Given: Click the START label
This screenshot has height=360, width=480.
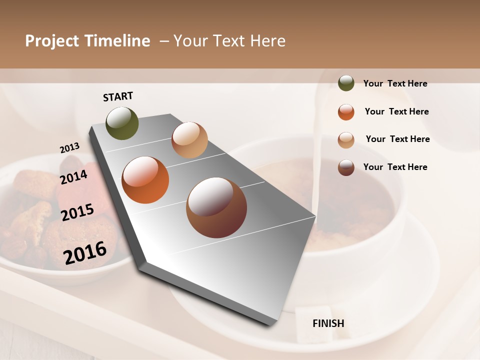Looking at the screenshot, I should click(x=118, y=96).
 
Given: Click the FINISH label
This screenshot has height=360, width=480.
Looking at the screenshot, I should click(x=328, y=323).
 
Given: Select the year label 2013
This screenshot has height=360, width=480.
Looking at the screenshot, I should click(x=69, y=148).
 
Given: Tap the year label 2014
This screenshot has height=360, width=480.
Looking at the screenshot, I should click(x=73, y=177).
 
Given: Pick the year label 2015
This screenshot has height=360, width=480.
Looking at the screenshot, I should click(x=77, y=212).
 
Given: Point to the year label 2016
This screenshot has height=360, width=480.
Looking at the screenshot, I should click(x=85, y=252).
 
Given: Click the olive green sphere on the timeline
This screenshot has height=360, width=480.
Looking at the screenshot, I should click(x=122, y=123).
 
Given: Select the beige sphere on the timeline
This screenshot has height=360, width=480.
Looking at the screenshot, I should click(x=189, y=140).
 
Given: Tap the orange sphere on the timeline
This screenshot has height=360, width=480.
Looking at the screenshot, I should click(x=145, y=180).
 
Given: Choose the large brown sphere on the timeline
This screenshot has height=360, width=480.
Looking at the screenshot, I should click(x=216, y=207).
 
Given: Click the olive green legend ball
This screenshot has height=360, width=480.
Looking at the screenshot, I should click(x=346, y=83).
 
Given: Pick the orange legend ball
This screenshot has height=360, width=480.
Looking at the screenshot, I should click(x=346, y=112).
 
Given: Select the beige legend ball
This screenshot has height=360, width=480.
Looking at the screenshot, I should click(x=346, y=140).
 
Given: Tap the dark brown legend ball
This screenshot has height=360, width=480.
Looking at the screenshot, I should click(x=346, y=167).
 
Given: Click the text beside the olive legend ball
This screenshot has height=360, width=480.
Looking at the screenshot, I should click(x=395, y=83).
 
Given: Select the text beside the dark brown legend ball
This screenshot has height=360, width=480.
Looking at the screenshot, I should click(x=395, y=167).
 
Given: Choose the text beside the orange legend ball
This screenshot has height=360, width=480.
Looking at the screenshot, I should click(x=396, y=111).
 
